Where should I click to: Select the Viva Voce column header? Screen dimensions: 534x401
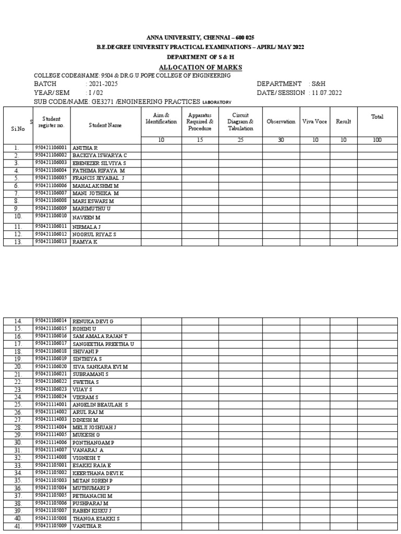tap(314, 122)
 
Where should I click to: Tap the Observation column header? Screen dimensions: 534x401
tap(281, 122)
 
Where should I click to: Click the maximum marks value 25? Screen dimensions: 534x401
tap(240, 140)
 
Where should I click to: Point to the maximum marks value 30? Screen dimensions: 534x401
tap(281, 140)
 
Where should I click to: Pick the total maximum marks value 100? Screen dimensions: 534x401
tap(377, 140)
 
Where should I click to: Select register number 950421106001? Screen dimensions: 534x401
tap(51, 148)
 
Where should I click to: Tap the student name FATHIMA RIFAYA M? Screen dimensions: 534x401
tap(99, 171)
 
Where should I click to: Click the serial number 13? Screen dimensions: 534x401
tap(17, 242)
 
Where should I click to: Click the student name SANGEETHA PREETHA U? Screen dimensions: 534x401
tap(103, 344)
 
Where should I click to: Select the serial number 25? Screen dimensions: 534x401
tap(18, 405)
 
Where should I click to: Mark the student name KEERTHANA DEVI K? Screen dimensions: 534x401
tap(98, 473)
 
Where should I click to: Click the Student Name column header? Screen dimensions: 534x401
tap(105, 125)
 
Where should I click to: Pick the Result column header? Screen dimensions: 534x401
tap(344, 122)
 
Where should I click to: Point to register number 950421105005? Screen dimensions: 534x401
tap(51, 495)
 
